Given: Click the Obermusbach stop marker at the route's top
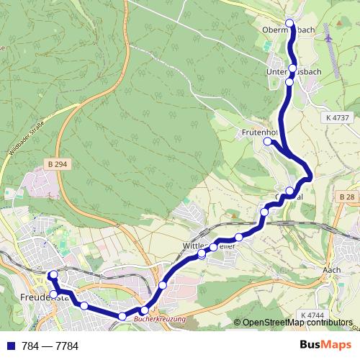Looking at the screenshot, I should pos(291,24).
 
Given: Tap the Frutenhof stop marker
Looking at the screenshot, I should pos(267,142).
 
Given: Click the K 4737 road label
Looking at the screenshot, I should pos(337,117).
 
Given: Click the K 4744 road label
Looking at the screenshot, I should pos(310,315).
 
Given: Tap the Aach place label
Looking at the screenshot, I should pos(331,269).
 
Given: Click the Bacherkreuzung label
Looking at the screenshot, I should pos(160,318).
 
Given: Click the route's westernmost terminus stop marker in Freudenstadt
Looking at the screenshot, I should pos(53,274).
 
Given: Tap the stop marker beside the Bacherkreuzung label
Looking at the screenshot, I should pos(144,310).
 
